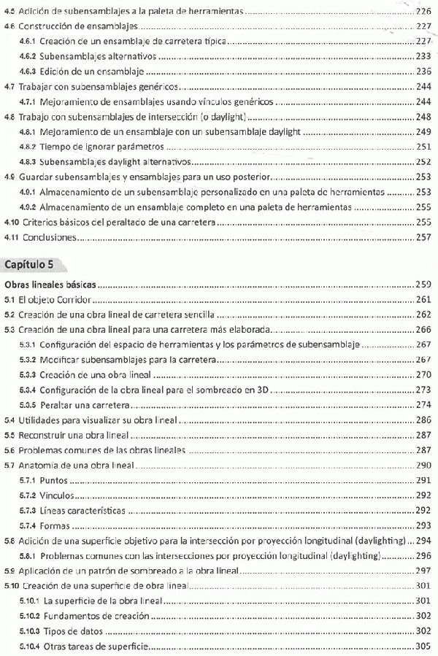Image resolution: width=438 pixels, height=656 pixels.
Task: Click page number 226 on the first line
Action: point(423,12)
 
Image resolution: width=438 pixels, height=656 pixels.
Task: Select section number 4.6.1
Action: point(28,42)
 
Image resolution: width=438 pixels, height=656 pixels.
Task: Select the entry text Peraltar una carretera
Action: point(87,404)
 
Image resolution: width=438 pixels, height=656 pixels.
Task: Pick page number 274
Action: point(424,404)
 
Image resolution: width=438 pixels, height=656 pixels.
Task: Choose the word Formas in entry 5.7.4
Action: point(55,525)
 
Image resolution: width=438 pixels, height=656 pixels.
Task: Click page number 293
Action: point(424,525)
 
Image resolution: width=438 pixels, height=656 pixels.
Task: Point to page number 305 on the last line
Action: point(424,647)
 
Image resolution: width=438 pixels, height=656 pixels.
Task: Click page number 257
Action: point(424,237)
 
